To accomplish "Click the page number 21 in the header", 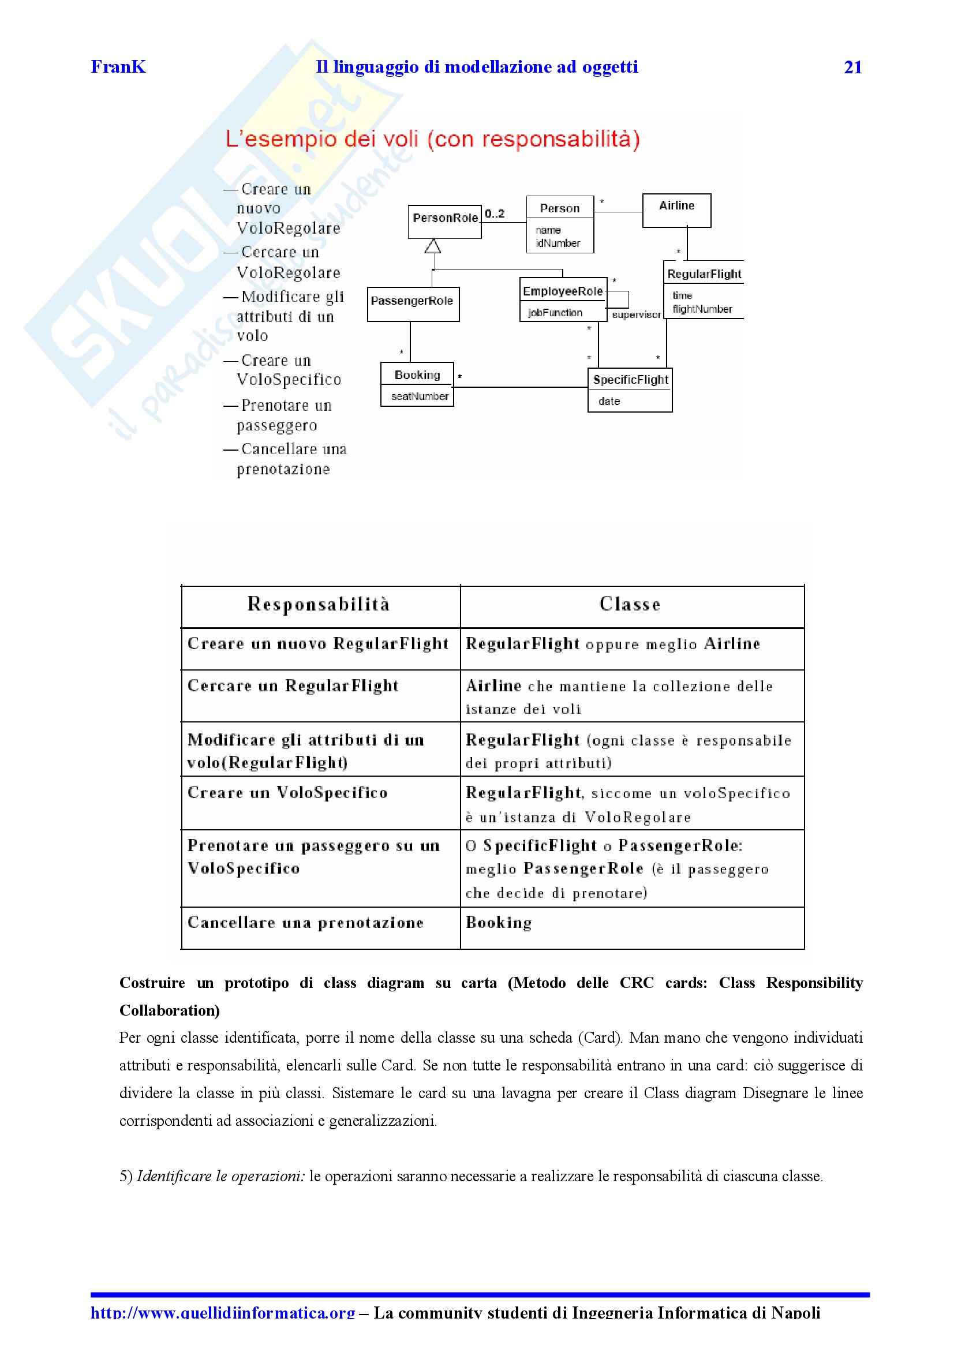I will pos(852,68).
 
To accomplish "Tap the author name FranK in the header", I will pos(118,67).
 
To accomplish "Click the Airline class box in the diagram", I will pos(676,209).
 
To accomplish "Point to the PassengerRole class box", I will pos(413,303).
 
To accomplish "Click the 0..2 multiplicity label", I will pos(495,214).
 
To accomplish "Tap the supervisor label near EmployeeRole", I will pos(636,315).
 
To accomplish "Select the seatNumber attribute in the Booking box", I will pos(420,396).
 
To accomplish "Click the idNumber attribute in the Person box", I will pos(558,243).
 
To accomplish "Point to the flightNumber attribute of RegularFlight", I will pos(702,309).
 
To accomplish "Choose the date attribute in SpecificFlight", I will pos(609,401).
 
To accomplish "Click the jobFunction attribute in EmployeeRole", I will pos(555,313).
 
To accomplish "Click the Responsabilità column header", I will pos(319,604).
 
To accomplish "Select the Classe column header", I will pos(630,604).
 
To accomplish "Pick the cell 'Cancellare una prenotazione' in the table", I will pos(305,923).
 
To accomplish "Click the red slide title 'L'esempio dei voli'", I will pos(432,139).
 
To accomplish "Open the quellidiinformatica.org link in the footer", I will pos(223,1312).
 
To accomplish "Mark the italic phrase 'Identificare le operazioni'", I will pos(221,1177).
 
